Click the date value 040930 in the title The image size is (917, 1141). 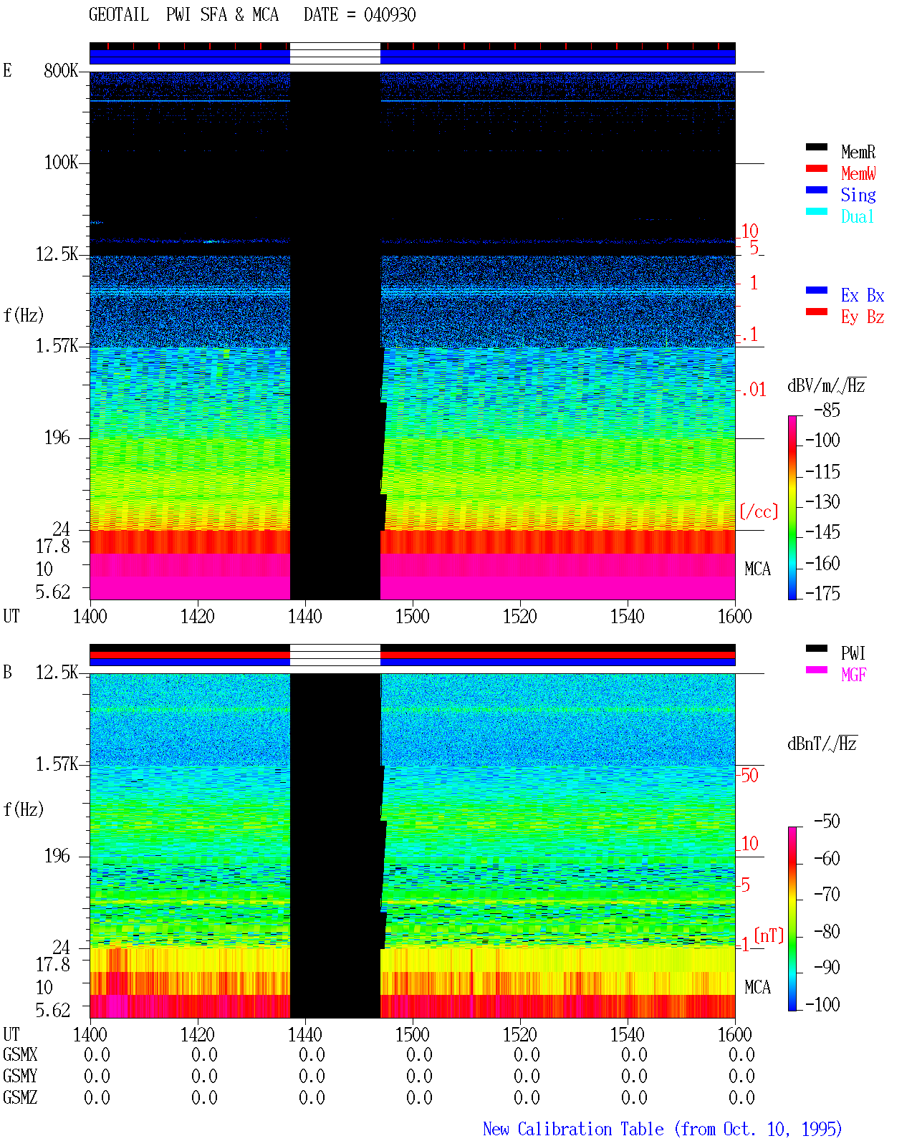click(389, 15)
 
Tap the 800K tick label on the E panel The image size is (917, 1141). click(60, 70)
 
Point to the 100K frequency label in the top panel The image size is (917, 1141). click(60, 163)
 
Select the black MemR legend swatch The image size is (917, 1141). click(816, 147)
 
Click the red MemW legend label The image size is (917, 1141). click(858, 173)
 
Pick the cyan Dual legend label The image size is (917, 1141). click(858, 216)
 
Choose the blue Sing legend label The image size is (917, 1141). click(858, 195)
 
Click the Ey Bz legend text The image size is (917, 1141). click(863, 317)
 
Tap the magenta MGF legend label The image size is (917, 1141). click(853, 675)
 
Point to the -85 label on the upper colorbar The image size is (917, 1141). click(827, 410)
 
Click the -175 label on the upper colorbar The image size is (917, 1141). click(822, 593)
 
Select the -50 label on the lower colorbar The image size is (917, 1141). click(827, 822)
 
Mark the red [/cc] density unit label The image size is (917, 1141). click(759, 511)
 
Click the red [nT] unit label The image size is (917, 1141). click(769, 935)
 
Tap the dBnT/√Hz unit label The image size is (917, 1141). click(822, 743)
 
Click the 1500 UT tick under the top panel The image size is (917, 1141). click(412, 617)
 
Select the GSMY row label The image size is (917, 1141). click(20, 1076)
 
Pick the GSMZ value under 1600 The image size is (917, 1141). click(741, 1097)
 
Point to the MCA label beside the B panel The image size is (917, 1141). click(757, 987)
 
